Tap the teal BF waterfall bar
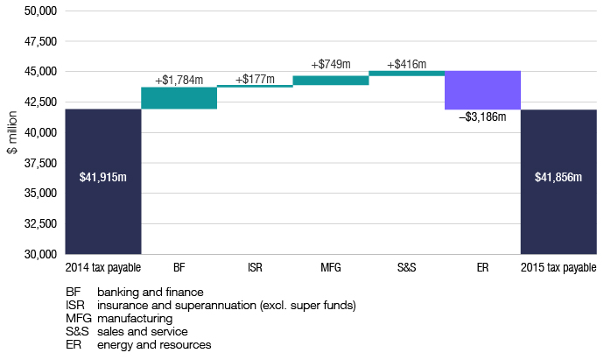pyautogui.click(x=179, y=98)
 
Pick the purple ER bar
pyautogui.click(x=482, y=90)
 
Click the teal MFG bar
pyautogui.click(x=331, y=81)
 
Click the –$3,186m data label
pyautogui.click(x=482, y=117)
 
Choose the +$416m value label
pyautogui.click(x=406, y=64)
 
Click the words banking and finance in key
pyautogui.click(x=150, y=293)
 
